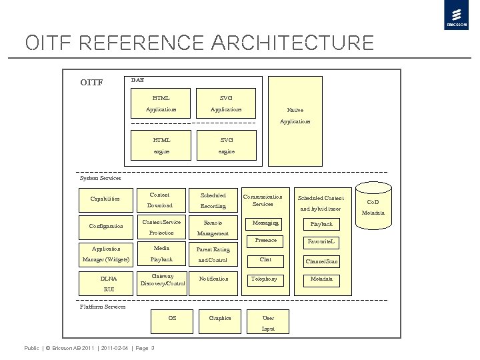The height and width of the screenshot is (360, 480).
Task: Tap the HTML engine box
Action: point(161,146)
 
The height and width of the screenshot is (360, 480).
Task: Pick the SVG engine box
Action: point(226,146)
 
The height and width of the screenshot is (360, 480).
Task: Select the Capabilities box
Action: point(105,199)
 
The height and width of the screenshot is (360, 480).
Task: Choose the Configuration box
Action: point(106,226)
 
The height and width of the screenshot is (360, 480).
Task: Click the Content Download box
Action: point(160,200)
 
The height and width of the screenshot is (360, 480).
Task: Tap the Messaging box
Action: point(265,223)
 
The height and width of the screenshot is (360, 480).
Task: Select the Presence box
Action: point(265,241)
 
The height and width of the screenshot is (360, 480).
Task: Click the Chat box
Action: point(265,260)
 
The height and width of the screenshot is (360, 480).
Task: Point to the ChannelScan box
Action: point(321,261)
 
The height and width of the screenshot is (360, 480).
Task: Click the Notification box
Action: point(213,279)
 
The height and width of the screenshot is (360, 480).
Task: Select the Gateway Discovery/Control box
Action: point(162,281)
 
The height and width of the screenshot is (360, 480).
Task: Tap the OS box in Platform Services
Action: point(172,319)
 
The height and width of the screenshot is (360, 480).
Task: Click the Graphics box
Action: point(220,319)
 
